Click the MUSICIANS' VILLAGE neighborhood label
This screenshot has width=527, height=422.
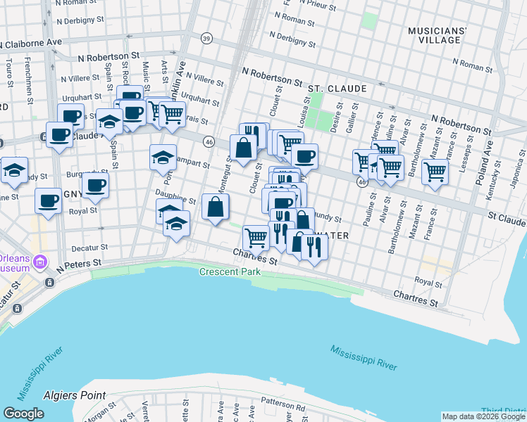click(x=447, y=35)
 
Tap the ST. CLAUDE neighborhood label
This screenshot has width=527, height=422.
click(x=337, y=89)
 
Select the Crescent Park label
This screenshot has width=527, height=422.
click(x=230, y=272)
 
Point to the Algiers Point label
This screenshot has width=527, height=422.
click(x=74, y=396)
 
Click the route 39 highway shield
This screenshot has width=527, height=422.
click(x=206, y=38)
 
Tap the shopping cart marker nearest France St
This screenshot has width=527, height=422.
click(x=435, y=171)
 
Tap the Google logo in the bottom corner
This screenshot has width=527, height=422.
click(x=23, y=414)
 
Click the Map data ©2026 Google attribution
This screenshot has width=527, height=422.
click(x=483, y=416)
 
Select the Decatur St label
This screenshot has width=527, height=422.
click(x=89, y=248)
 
